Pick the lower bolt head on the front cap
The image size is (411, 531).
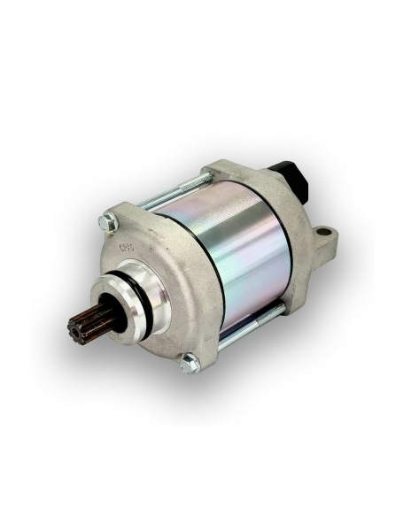point(188,362)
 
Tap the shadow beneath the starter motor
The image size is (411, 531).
point(221,389)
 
